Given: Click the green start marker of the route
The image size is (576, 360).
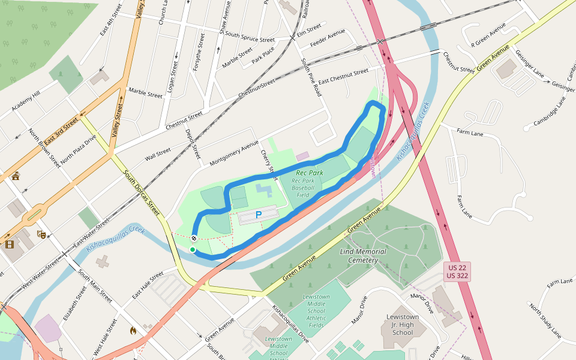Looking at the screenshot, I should (193, 250).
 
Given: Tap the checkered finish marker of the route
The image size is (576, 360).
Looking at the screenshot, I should (194, 239).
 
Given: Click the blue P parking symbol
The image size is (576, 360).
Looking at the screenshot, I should (259, 215).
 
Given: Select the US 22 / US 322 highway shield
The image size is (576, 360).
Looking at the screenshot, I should (457, 271).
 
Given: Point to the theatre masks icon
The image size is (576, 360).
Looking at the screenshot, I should (41, 233).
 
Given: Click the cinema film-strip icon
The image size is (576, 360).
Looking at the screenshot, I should (10, 244).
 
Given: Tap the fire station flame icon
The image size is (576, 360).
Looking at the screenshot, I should (133, 330).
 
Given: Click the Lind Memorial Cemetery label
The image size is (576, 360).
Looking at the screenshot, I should (359, 256).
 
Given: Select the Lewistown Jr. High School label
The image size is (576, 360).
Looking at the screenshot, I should (403, 325).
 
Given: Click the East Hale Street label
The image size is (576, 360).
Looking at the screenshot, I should (148, 286).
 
